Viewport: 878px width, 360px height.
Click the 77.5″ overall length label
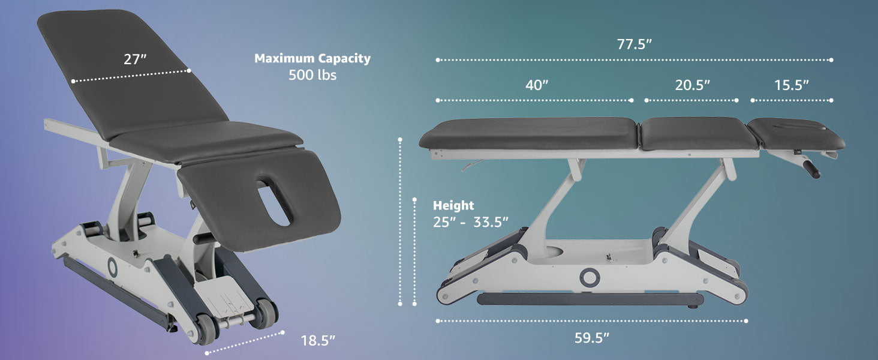[x=634, y=44]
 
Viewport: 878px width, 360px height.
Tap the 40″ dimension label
[x=537, y=85]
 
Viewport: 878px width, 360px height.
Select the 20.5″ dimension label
[x=692, y=85]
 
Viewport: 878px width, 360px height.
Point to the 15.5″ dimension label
[x=792, y=85]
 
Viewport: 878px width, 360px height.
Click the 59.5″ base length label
[x=592, y=338]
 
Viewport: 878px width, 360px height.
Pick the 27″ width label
[x=135, y=59]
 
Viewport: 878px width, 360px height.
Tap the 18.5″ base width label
[x=318, y=340]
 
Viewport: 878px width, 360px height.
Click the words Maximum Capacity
[x=312, y=58]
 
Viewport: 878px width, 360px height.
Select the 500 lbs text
[x=312, y=74]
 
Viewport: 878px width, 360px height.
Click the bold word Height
[x=453, y=205]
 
